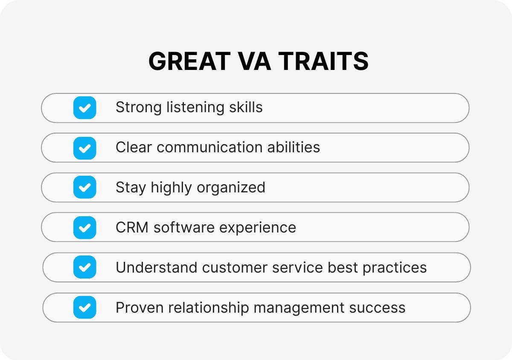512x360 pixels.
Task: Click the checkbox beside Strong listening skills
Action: tap(84, 107)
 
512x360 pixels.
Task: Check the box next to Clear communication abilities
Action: tap(84, 148)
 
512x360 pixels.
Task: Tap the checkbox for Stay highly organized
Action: tap(84, 187)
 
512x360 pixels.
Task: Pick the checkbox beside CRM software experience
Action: tap(84, 227)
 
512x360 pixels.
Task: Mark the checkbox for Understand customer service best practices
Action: tap(84, 267)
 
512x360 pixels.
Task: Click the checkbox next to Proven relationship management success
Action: tap(84, 307)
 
